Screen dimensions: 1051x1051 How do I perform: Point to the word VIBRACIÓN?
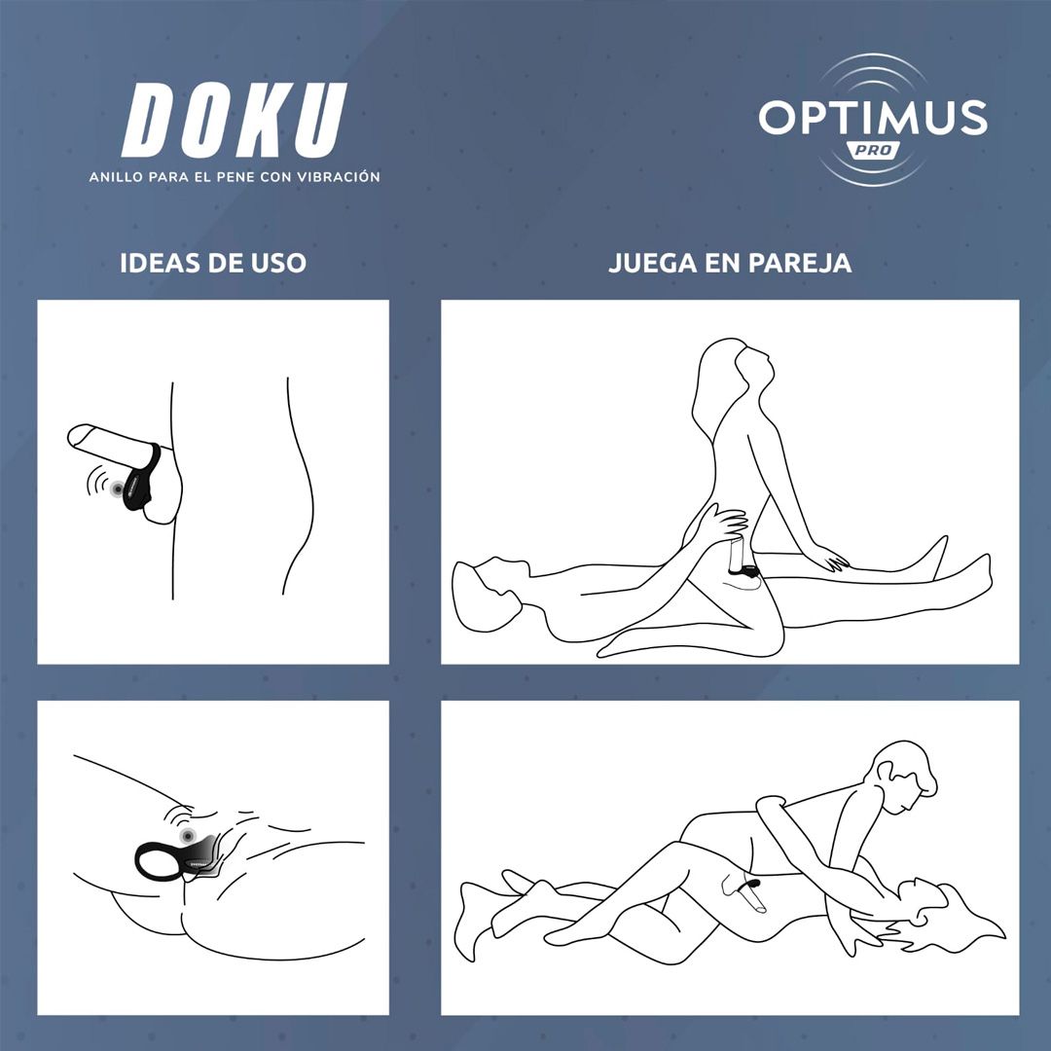click(340, 177)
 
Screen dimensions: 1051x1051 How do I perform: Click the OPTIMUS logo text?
click(873, 118)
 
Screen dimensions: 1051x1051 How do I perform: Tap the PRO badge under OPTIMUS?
click(873, 151)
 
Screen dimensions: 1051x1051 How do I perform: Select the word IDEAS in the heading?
click(156, 263)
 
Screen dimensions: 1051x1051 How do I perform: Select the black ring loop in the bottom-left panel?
click(156, 860)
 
